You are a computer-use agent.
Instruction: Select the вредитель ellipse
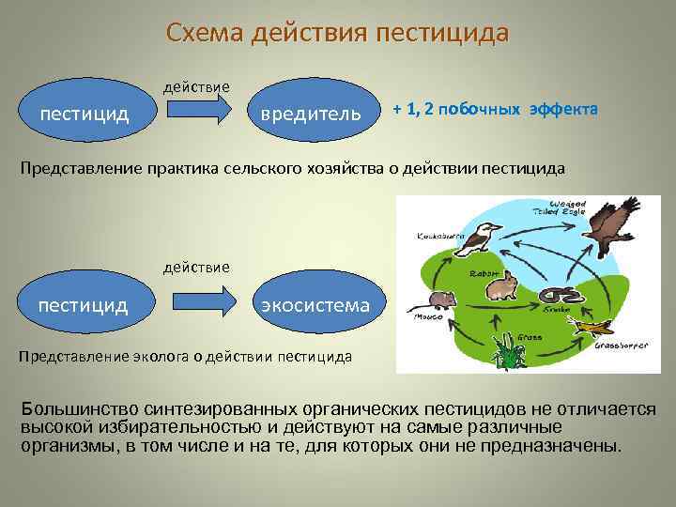tap(311, 114)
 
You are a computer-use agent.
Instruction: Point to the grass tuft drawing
tap(510, 352)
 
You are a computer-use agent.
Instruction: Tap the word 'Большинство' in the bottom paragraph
tap(82, 408)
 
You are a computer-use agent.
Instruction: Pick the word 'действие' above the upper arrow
tap(196, 85)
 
